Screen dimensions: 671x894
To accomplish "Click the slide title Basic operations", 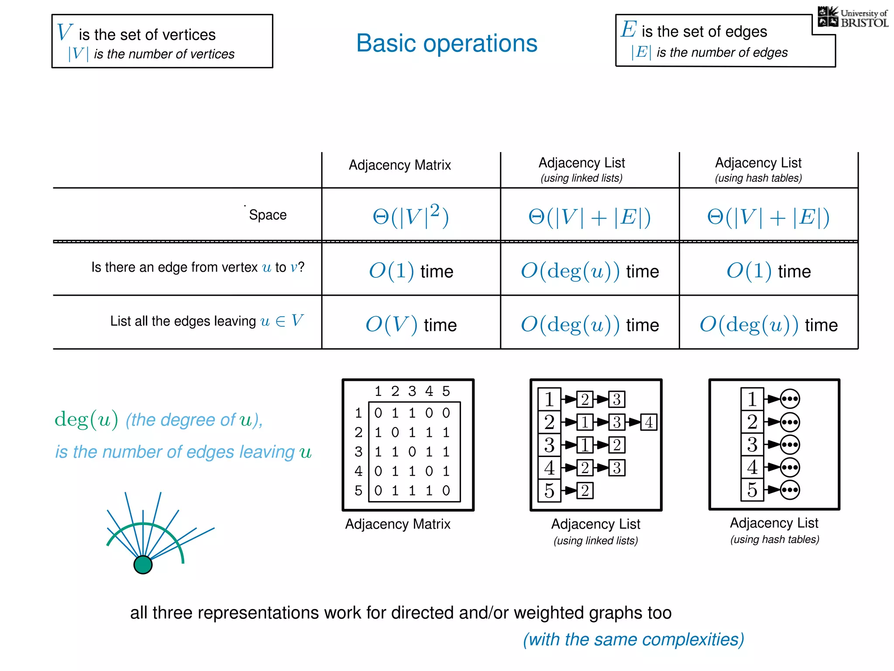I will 447,43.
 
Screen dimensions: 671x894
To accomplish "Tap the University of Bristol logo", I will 853,18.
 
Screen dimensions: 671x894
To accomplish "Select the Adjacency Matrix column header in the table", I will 399,165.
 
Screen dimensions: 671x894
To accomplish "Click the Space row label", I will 268,215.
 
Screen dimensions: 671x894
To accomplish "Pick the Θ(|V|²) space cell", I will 410,216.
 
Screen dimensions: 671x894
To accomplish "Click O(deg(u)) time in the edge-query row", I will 589,271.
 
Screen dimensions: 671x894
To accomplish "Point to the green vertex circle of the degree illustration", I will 143,564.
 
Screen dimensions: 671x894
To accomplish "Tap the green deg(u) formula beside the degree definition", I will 86,420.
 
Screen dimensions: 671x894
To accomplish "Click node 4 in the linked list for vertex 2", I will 649,422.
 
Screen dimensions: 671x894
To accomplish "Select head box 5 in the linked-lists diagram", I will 549,491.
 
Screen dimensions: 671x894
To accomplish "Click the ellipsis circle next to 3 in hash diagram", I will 790,445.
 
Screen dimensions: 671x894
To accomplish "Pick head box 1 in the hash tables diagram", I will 752,399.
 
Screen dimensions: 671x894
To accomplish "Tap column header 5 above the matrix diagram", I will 446,391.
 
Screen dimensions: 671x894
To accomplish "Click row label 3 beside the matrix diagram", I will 358,452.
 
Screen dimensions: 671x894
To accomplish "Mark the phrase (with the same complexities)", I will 633,639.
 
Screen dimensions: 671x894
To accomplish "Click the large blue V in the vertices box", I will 64,32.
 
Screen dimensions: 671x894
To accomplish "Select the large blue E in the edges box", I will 629,29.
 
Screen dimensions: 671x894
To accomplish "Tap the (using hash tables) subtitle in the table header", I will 758,178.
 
